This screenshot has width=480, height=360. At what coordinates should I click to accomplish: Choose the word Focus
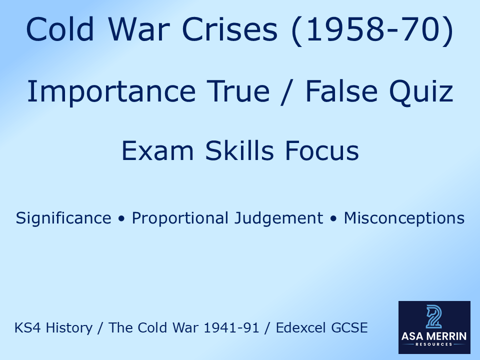coord(322,150)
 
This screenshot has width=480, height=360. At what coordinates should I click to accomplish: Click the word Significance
coord(63,218)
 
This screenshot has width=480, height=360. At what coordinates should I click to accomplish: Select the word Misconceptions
coord(404,218)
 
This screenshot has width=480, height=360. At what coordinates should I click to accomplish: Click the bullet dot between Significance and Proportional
coord(121,219)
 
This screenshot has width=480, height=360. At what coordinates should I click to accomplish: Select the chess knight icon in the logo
coord(433,316)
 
